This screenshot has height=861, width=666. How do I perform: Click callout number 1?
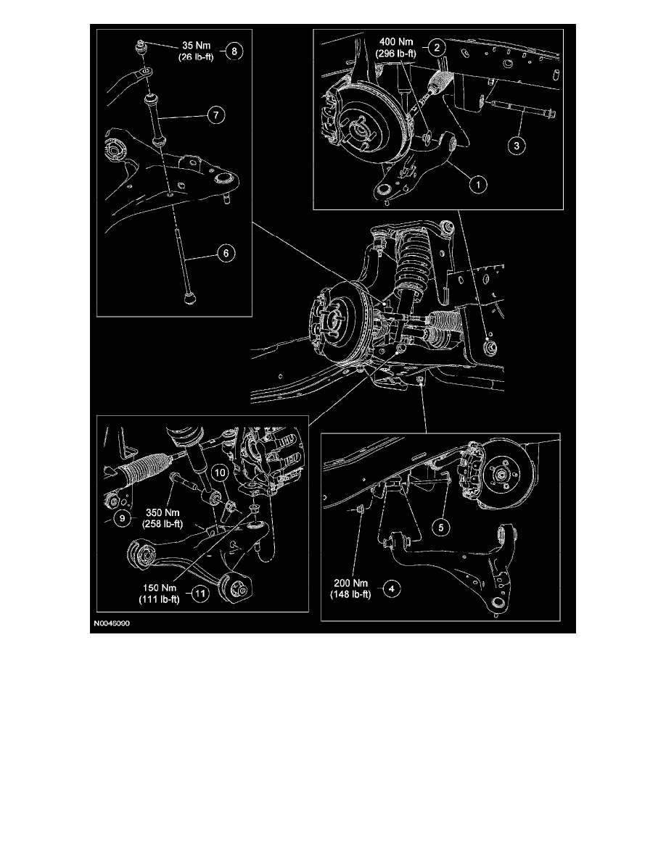[478, 184]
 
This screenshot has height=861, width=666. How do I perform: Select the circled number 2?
[437, 47]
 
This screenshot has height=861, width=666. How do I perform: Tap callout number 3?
[516, 146]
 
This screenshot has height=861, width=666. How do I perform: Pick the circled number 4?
[391, 589]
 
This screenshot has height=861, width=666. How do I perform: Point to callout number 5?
[440, 528]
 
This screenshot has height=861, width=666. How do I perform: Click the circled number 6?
[226, 253]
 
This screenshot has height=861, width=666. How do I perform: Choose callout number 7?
[216, 115]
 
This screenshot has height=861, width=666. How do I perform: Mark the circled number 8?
[234, 51]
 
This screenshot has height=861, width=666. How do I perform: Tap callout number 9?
[122, 517]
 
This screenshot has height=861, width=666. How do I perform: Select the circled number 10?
[219, 473]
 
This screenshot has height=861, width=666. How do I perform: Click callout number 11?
[200, 594]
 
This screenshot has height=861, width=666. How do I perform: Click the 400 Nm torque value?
[396, 42]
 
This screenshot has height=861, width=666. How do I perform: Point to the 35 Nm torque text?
[196, 46]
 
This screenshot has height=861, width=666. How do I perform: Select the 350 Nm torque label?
[163, 513]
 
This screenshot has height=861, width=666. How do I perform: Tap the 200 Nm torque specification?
[350, 583]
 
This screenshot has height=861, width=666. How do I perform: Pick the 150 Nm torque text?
[160, 588]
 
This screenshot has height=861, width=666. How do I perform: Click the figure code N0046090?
[112, 624]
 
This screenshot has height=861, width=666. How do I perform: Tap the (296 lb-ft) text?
[396, 54]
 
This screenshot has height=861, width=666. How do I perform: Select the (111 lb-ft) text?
[160, 599]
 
